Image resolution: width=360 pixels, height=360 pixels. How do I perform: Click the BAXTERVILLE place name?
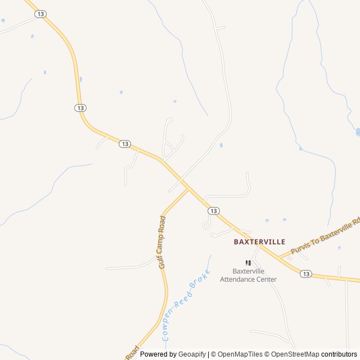coord(259,241)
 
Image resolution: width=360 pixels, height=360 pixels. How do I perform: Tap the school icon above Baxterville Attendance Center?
coord(248,263)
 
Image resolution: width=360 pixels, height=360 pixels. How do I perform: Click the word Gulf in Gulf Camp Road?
coord(161,261)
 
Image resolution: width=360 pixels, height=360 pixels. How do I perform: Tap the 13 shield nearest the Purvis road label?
coord(305,274)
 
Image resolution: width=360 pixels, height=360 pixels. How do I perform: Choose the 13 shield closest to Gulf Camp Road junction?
coord(213,210)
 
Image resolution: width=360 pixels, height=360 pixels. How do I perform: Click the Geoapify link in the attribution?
coord(192,354)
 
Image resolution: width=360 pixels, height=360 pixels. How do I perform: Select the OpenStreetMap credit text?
coord(294,354)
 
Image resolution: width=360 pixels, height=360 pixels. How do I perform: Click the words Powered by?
coord(158,354)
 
